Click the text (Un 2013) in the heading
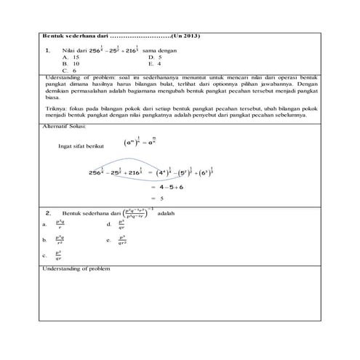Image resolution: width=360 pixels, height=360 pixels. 187,36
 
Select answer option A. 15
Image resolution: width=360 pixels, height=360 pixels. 71,57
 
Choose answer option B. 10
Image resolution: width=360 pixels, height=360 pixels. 71,63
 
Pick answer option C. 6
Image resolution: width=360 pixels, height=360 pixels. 69,71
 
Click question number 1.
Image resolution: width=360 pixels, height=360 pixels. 47,50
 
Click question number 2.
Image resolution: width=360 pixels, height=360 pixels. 47,213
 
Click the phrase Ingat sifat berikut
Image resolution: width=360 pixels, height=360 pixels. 81,145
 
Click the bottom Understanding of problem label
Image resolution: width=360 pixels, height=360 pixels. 76,268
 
